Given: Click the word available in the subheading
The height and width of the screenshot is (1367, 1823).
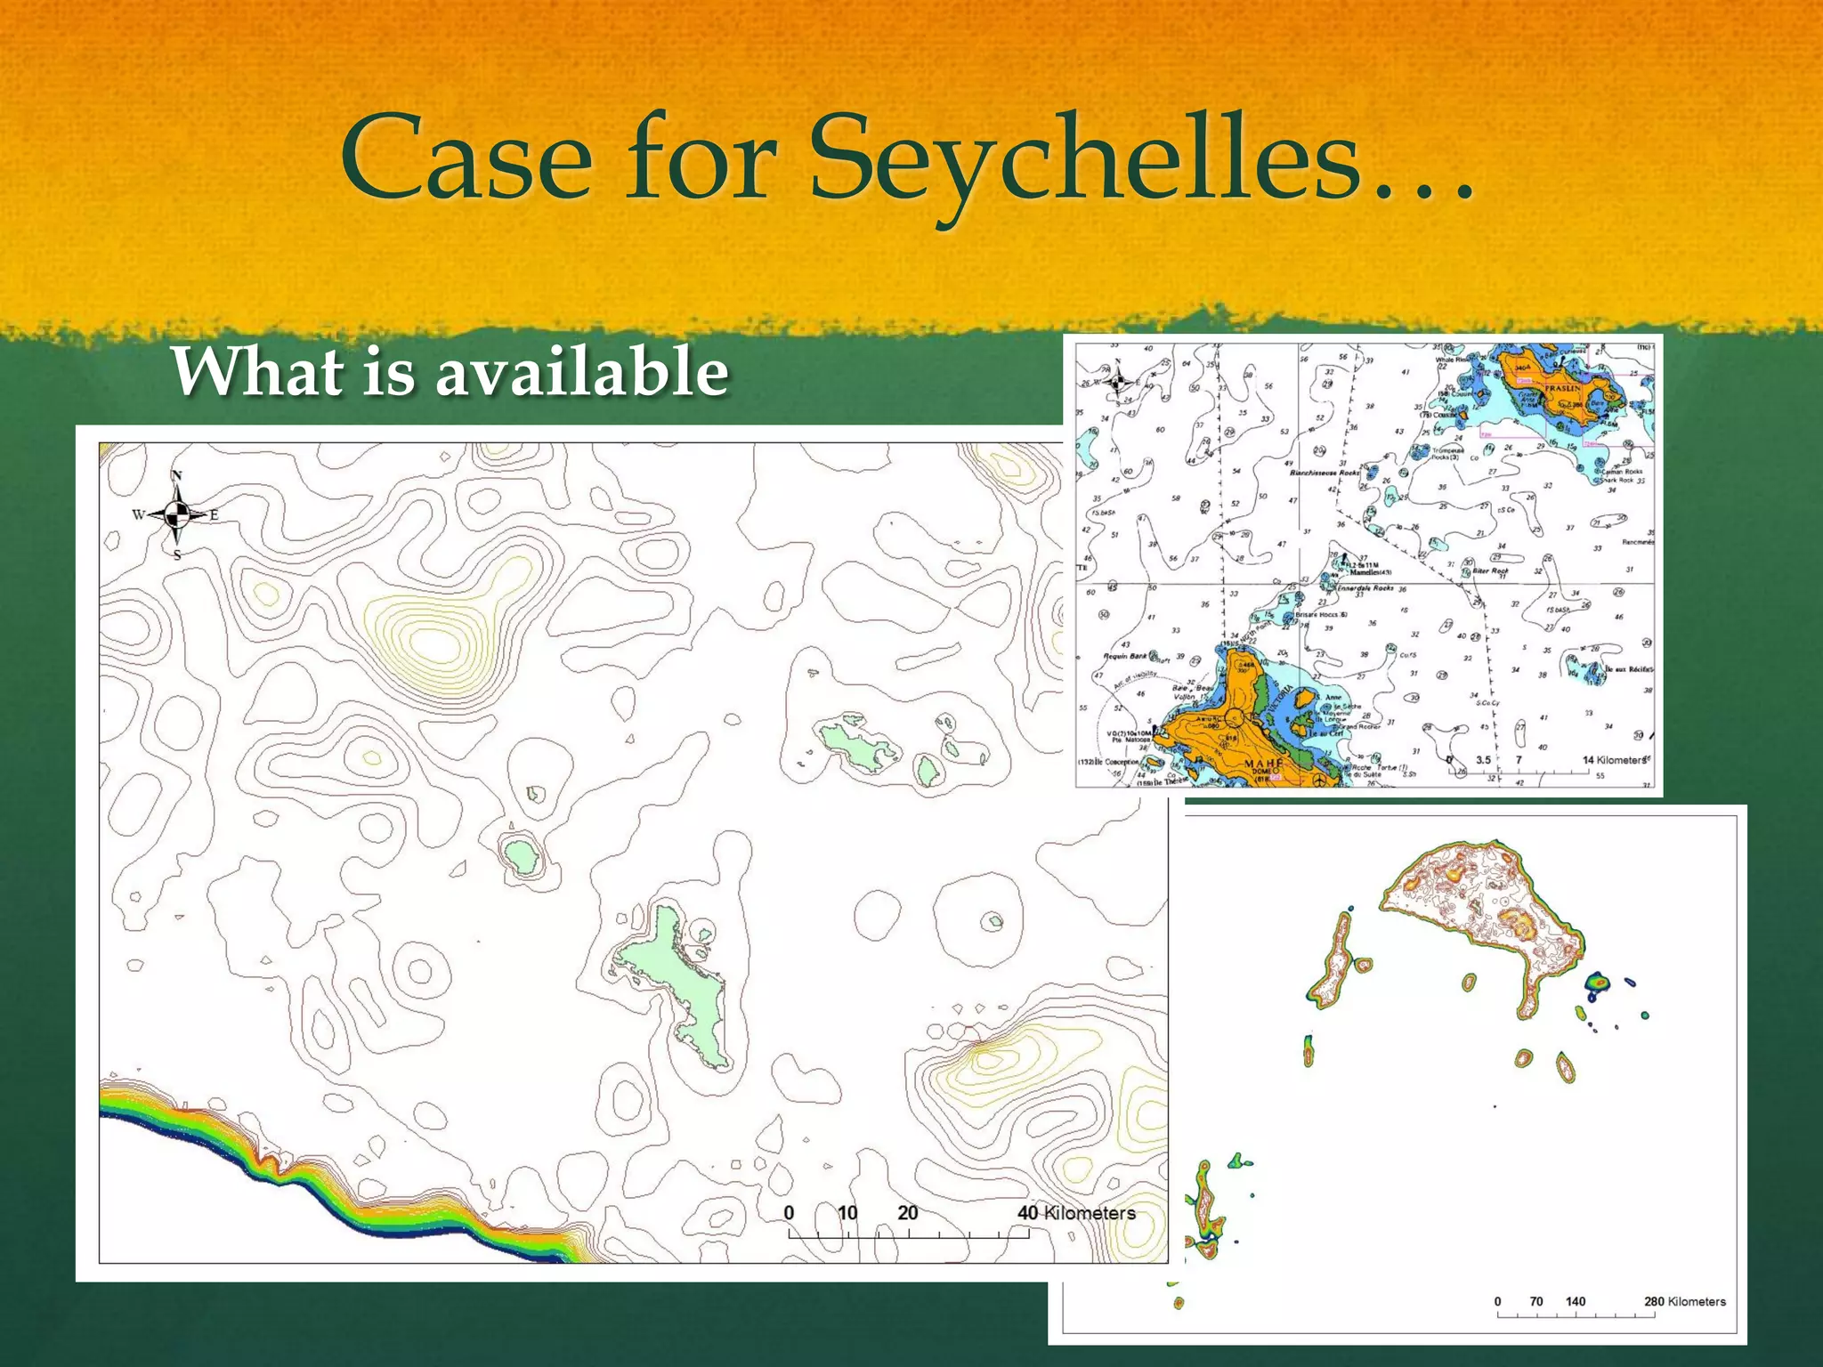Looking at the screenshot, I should [x=582, y=371].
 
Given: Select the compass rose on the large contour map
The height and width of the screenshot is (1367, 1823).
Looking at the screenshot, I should [x=177, y=514].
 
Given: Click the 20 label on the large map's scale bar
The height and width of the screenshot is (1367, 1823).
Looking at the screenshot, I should [x=907, y=1212].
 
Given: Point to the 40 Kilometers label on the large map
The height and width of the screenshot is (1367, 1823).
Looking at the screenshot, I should [x=1076, y=1212].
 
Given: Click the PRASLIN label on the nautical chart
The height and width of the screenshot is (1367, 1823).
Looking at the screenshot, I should [x=1562, y=388].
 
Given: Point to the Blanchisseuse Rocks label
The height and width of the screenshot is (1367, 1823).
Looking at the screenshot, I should [x=1325, y=473].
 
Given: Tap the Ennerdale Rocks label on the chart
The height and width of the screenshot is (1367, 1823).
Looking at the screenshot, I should [x=1365, y=588].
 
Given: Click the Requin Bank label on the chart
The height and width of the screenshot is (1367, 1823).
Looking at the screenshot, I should [x=1125, y=656].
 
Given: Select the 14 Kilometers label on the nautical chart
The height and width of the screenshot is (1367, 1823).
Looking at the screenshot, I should [x=1614, y=760].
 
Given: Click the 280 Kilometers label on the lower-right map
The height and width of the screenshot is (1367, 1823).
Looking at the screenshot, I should [x=1684, y=1301].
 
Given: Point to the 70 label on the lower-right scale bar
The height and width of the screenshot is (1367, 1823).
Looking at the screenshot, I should [x=1536, y=1301].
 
